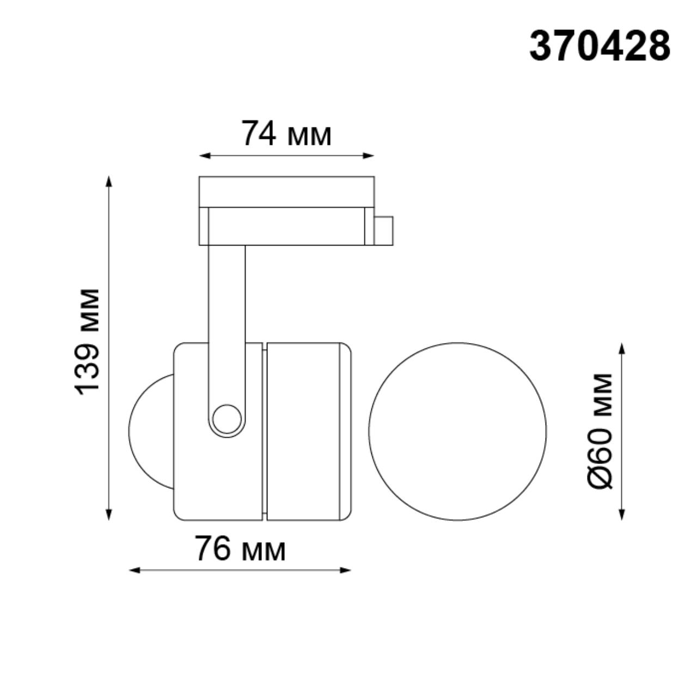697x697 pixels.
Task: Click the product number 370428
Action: tap(600, 46)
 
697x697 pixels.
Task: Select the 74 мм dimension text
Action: tap(286, 134)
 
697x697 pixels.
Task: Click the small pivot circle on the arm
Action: tap(227, 419)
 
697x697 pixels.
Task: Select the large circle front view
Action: tap(457, 431)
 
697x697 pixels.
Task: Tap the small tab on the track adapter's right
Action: tap(383, 231)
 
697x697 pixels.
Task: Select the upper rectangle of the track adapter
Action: tap(286, 192)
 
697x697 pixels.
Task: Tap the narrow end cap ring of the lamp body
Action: tap(345, 430)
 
